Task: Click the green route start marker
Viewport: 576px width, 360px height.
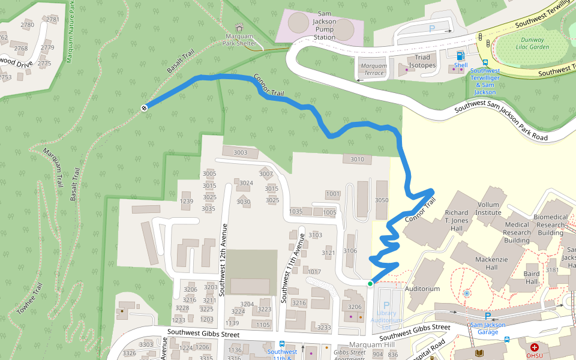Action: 370,283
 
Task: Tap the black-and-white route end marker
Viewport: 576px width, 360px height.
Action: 145,108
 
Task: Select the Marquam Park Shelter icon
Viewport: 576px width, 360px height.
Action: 239,27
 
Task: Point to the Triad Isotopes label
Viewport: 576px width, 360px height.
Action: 422,61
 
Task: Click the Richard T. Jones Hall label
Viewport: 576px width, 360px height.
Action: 457,220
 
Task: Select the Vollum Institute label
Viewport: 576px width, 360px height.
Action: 488,208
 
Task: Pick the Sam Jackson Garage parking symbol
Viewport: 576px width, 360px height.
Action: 487,316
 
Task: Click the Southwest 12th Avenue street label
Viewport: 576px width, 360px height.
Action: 224,259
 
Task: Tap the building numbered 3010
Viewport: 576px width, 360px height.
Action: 357,159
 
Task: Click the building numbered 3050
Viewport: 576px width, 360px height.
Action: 382,200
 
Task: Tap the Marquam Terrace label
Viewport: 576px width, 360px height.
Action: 374,69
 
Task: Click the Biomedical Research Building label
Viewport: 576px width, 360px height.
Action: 550,225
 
